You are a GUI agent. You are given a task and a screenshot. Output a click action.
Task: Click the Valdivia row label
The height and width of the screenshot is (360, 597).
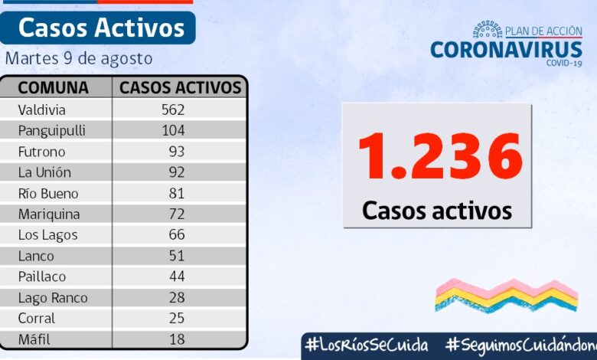tap(41, 110)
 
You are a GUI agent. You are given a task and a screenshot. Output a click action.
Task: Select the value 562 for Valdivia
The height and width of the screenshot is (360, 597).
tap(173, 110)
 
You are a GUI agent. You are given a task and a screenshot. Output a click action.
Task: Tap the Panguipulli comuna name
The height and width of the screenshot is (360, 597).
tap(51, 130)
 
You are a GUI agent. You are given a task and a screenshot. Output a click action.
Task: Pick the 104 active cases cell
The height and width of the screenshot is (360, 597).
tap(173, 130)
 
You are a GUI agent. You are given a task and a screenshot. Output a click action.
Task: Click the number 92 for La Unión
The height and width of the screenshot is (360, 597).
tap(177, 172)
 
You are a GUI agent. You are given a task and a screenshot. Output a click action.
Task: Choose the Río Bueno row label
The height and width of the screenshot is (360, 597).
tap(47, 193)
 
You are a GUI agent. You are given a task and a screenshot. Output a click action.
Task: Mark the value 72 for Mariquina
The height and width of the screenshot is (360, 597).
tap(177, 214)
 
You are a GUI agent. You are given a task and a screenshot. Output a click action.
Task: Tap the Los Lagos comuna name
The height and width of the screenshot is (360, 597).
tap(47, 234)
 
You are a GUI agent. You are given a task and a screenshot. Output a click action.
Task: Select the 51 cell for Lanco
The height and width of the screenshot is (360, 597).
tap(177, 255)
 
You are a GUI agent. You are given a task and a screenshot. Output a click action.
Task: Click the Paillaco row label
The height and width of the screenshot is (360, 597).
tap(42, 276)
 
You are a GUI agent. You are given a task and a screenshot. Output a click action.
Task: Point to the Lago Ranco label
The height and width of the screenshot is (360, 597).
tap(52, 297)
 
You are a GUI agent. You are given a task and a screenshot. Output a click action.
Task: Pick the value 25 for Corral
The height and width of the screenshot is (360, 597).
tap(177, 318)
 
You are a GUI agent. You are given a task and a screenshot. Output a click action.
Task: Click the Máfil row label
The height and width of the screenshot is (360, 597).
tap(35, 339)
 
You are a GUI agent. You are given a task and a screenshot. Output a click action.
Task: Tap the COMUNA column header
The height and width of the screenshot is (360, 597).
tap(53, 87)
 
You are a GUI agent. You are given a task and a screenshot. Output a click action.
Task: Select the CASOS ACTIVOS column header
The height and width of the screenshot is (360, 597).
tap(181, 87)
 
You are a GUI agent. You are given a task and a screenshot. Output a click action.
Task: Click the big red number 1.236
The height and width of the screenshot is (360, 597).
tap(440, 157)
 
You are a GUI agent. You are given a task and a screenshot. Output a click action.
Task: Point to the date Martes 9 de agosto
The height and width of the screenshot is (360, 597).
tap(79, 58)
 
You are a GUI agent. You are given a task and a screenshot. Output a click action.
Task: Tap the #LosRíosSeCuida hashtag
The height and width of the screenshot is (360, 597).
tap(366, 345)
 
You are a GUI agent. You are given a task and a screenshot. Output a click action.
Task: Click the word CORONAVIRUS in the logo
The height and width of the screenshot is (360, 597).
tap(506, 50)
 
